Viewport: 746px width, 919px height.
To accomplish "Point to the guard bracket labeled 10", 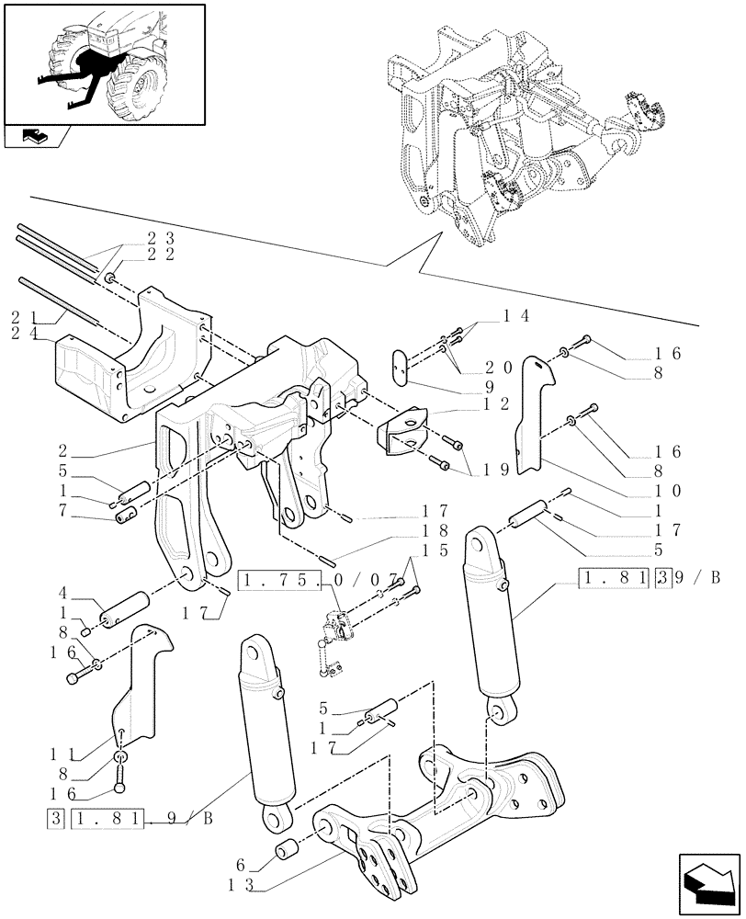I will coord(532,414).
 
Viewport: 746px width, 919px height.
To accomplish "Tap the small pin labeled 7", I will coord(127,512).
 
